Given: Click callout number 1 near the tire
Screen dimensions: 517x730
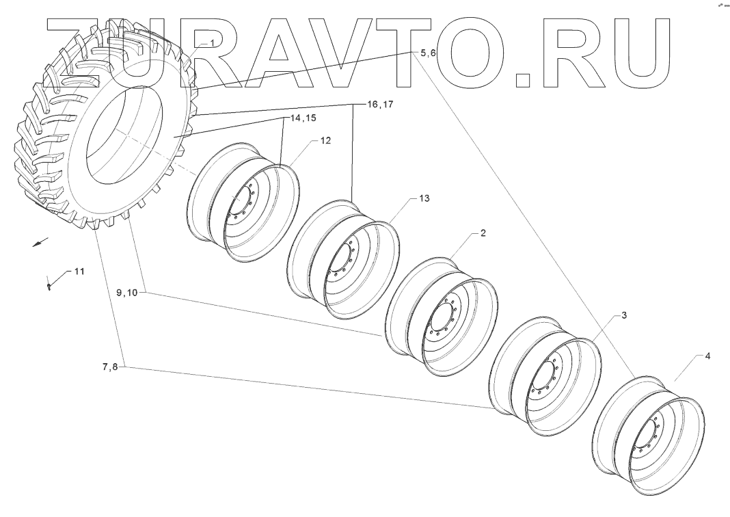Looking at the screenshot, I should pyautogui.click(x=212, y=43).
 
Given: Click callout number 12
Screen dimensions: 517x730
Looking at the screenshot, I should pyautogui.click(x=325, y=142).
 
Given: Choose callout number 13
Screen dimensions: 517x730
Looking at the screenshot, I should pyautogui.click(x=424, y=198).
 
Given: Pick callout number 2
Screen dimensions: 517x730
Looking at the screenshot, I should pyautogui.click(x=483, y=233).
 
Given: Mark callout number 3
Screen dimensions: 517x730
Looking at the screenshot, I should pyautogui.click(x=624, y=316).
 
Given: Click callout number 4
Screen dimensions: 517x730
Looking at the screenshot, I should pyautogui.click(x=707, y=356).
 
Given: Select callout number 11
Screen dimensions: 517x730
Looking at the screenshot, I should pyautogui.click(x=79, y=271).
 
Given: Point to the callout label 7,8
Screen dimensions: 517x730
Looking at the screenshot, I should pyautogui.click(x=111, y=367).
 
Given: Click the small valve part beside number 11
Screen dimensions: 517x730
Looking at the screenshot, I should pyautogui.click(x=49, y=286).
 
